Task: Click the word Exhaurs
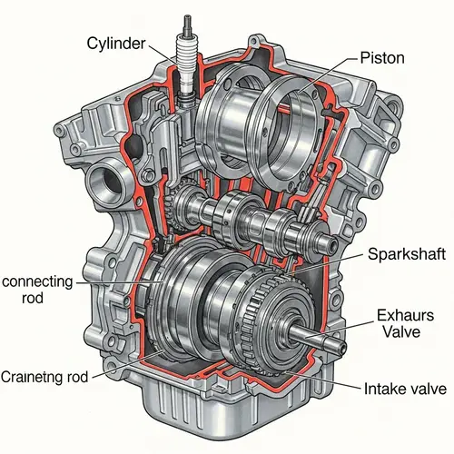400,316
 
